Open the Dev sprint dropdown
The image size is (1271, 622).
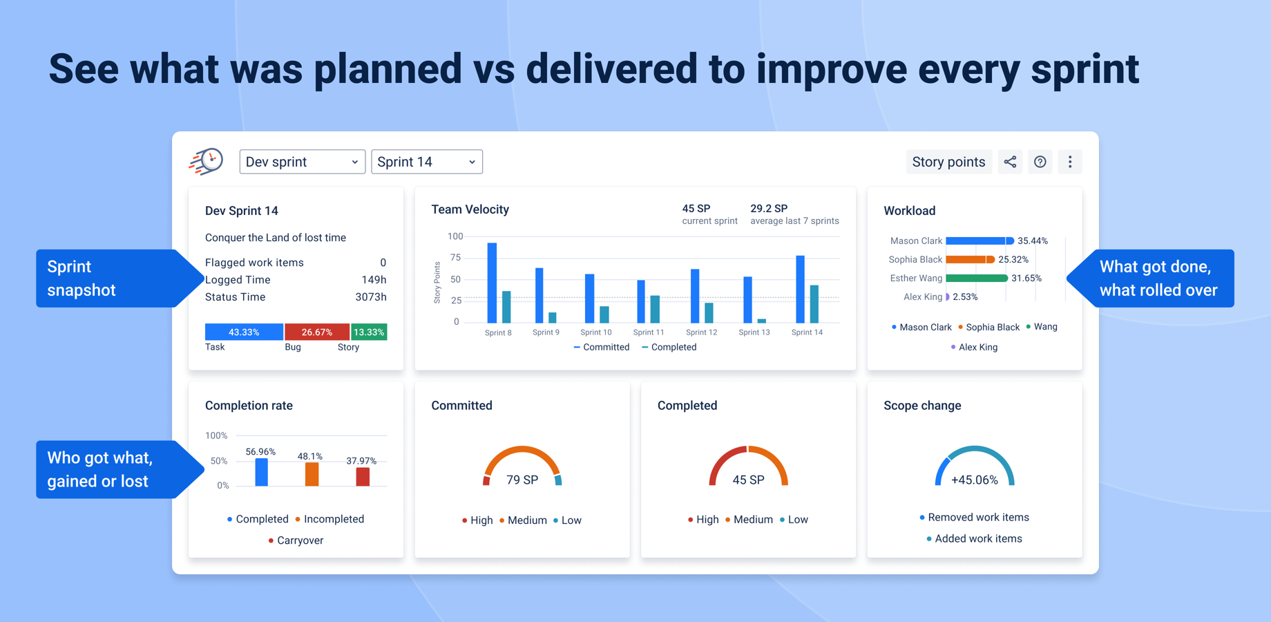[302, 162]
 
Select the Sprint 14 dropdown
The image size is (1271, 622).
[426, 162]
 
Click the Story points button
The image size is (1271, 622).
[948, 162]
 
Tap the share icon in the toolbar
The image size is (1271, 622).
[1010, 162]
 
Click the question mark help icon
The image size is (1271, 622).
[1040, 162]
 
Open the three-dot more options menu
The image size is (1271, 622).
[1070, 162]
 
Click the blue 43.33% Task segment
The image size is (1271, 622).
[244, 332]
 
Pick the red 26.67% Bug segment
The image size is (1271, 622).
[317, 332]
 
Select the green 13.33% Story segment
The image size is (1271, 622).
[369, 332]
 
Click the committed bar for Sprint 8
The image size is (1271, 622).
[492, 283]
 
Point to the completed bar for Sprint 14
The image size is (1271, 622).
[814, 304]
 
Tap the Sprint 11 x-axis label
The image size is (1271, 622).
[649, 332]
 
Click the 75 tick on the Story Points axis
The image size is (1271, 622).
[455, 258]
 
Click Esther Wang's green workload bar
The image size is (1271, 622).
[976, 279]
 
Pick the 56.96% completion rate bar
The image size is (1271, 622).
[261, 472]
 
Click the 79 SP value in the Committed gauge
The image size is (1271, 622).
[522, 480]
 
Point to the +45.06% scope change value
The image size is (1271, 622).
[974, 480]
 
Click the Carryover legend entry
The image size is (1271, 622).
[300, 540]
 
